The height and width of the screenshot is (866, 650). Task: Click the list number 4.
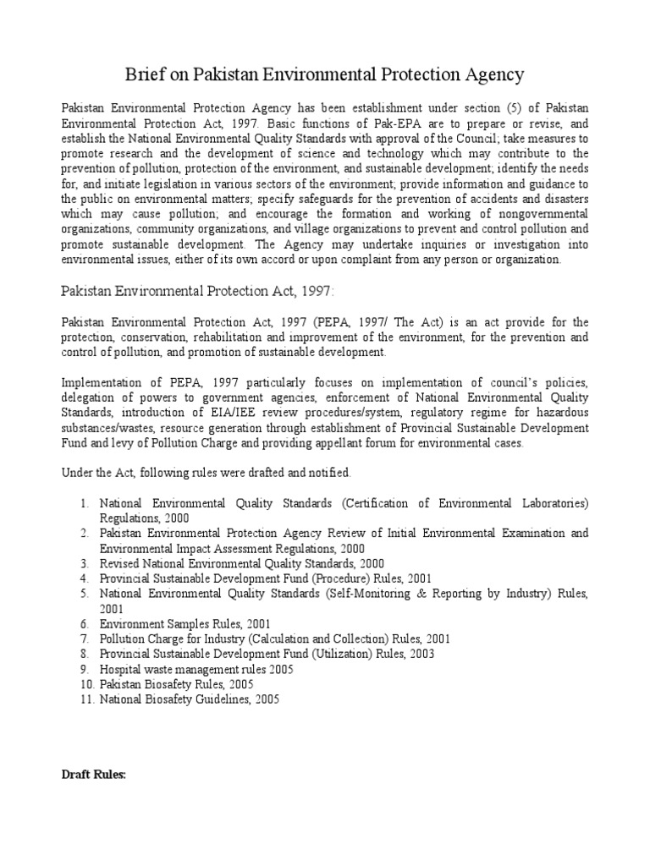pos(85,578)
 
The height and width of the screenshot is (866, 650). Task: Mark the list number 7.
pos(85,639)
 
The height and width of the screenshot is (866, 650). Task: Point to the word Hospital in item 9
pos(122,669)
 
